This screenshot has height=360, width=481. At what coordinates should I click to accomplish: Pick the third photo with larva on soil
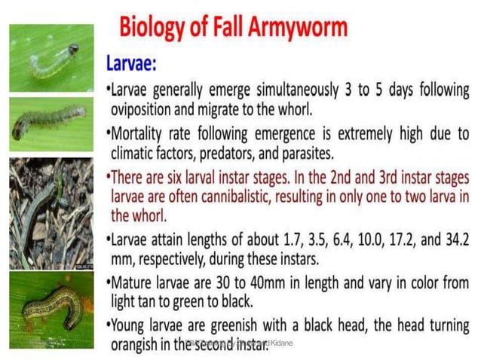[51, 213]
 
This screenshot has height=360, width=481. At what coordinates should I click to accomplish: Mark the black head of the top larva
[74, 49]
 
